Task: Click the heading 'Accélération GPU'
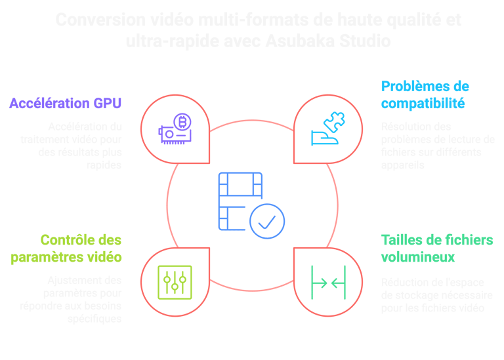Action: tap(66, 103)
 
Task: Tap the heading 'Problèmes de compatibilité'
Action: tap(425, 94)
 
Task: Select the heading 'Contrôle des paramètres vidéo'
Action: tap(81, 248)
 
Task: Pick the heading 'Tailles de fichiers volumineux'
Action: tap(436, 248)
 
